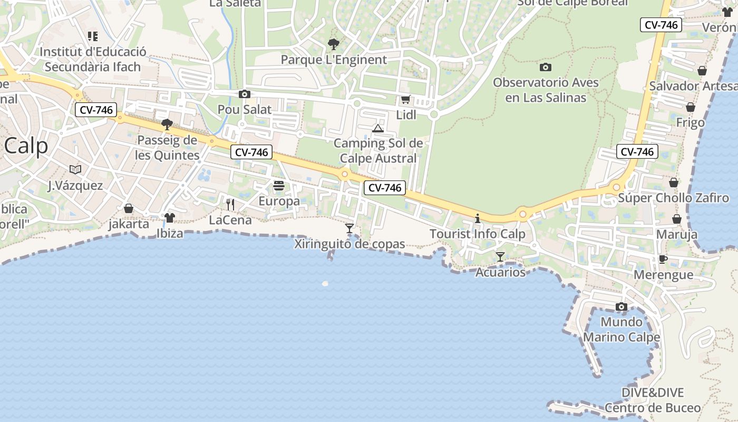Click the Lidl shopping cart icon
(x=405, y=99)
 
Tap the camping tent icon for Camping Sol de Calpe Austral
(x=377, y=128)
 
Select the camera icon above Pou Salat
(x=245, y=94)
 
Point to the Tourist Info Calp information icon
(x=478, y=218)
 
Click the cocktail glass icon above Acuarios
(x=500, y=257)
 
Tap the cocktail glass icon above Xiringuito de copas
(x=349, y=228)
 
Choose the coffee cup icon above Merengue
(x=663, y=259)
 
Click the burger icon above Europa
(x=279, y=186)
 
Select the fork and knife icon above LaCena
(x=230, y=205)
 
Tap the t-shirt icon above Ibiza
(x=169, y=217)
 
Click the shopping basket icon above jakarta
(x=129, y=209)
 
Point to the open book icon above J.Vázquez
(x=75, y=169)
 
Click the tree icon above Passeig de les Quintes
(x=167, y=124)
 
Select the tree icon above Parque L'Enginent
(x=333, y=44)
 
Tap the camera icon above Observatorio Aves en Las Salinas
(x=546, y=67)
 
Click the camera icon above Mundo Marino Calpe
(x=622, y=307)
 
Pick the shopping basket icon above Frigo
(x=691, y=108)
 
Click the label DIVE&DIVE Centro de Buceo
(x=653, y=400)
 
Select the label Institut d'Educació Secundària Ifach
(x=93, y=59)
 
